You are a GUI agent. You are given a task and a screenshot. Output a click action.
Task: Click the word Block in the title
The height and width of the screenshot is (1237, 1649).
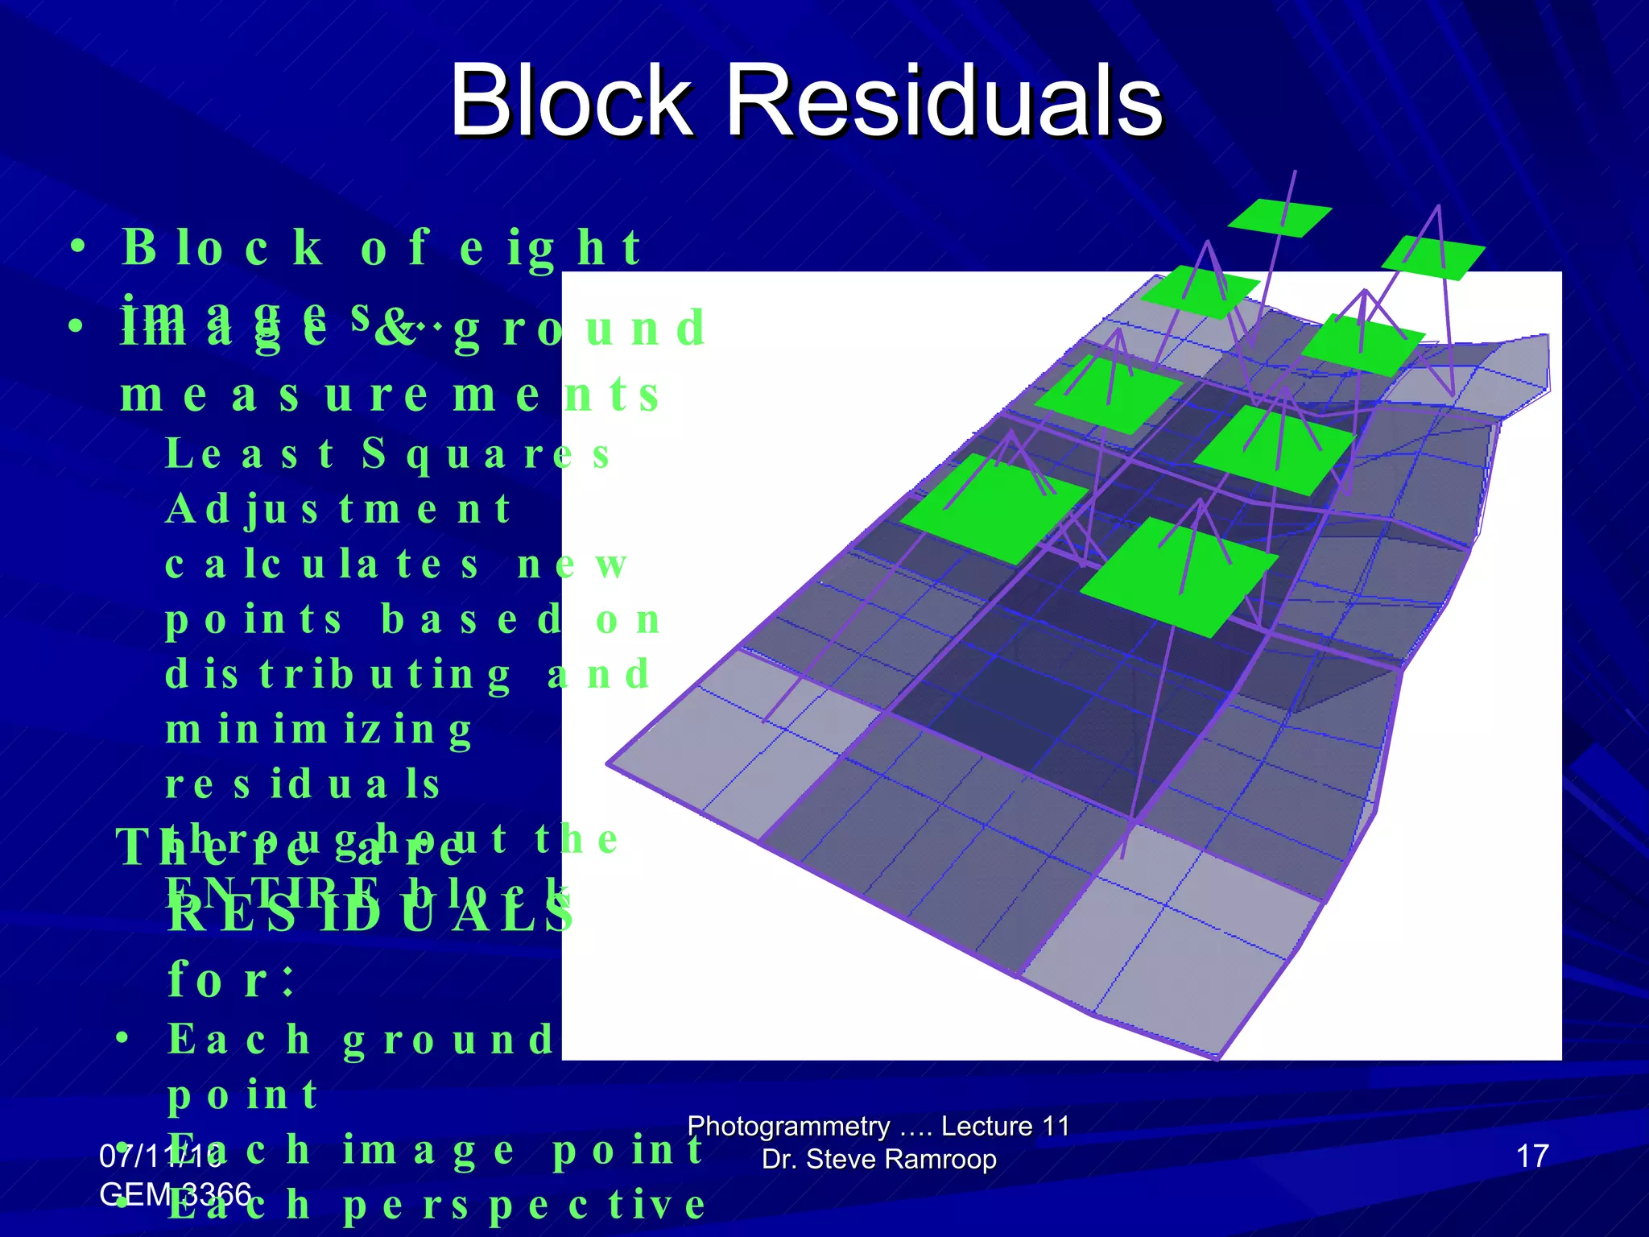point(571,101)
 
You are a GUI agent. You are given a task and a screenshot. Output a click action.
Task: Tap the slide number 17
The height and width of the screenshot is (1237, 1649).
point(1532,1156)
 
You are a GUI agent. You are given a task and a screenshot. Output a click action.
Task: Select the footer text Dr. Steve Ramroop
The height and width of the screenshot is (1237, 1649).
point(878,1159)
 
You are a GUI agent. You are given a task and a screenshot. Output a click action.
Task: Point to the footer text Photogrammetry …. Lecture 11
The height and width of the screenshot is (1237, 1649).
point(878,1125)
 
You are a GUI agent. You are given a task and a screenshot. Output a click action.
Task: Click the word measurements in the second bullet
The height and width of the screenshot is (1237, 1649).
point(391,395)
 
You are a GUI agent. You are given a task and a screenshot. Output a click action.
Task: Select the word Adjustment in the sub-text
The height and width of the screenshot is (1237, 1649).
point(338,509)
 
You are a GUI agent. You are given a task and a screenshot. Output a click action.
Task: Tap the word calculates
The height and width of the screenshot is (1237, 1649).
point(322,564)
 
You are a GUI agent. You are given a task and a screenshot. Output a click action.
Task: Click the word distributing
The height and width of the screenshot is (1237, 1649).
point(338,674)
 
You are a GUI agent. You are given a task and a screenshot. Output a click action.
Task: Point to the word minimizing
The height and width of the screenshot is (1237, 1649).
point(319,730)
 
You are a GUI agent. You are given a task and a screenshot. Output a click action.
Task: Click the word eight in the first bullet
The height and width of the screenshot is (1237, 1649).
point(551,247)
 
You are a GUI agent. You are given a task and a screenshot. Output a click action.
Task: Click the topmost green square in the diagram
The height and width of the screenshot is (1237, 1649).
point(1279,217)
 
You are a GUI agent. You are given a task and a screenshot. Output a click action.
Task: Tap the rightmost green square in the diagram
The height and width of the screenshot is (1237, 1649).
point(1432,257)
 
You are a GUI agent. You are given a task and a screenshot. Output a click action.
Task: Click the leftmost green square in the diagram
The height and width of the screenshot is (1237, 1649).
point(994,508)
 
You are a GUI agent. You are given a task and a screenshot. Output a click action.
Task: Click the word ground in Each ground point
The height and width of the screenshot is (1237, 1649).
point(448,1040)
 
